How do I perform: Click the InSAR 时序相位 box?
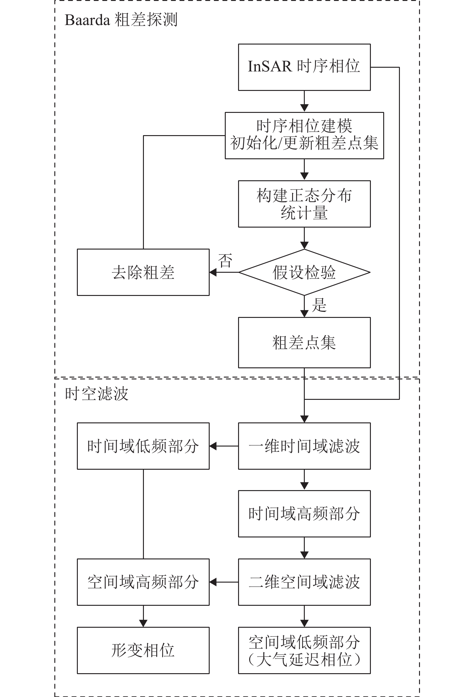pyautogui.click(x=304, y=67)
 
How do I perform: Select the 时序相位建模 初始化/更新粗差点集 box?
pyautogui.click(x=304, y=135)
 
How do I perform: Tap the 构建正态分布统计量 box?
pyautogui.click(x=304, y=204)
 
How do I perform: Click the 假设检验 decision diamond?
pyautogui.click(x=304, y=272)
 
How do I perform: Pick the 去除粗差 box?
pyautogui.click(x=143, y=272)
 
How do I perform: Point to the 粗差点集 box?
pyautogui.click(x=304, y=343)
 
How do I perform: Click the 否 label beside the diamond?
pyautogui.click(x=225, y=260)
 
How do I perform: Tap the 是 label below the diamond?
pyautogui.click(x=319, y=305)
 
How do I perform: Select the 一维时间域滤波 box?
pyautogui.click(x=304, y=446)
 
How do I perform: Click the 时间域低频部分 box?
pyautogui.click(x=143, y=446)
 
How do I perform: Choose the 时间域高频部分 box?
pyautogui.click(x=304, y=514)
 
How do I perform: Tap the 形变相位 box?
pyautogui.click(x=143, y=650)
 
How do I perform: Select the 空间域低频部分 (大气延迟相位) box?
pyautogui.click(x=304, y=650)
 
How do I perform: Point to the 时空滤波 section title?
pyautogui.click(x=96, y=394)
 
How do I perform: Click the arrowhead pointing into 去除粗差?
pyautogui.click(x=213, y=272)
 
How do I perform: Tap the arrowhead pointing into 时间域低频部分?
pyautogui.click(x=213, y=446)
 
